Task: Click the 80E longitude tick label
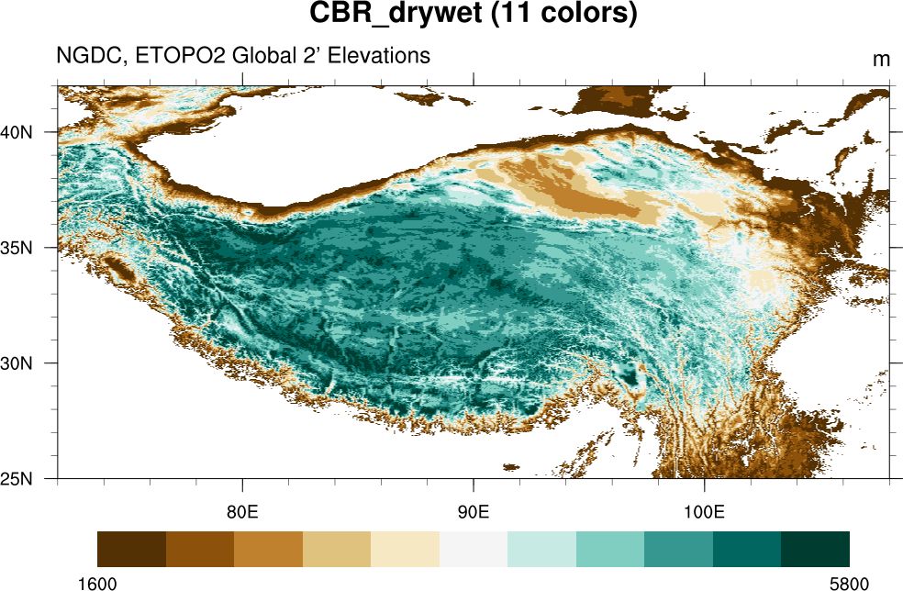[242, 511]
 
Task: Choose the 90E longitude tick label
[474, 511]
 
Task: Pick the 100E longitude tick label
[704, 511]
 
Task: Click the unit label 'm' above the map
[881, 60]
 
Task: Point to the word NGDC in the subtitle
[90, 56]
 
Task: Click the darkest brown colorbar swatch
[131, 549]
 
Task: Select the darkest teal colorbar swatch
[815, 549]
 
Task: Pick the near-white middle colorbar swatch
[474, 549]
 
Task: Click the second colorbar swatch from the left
[200, 549]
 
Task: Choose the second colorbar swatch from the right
[747, 549]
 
